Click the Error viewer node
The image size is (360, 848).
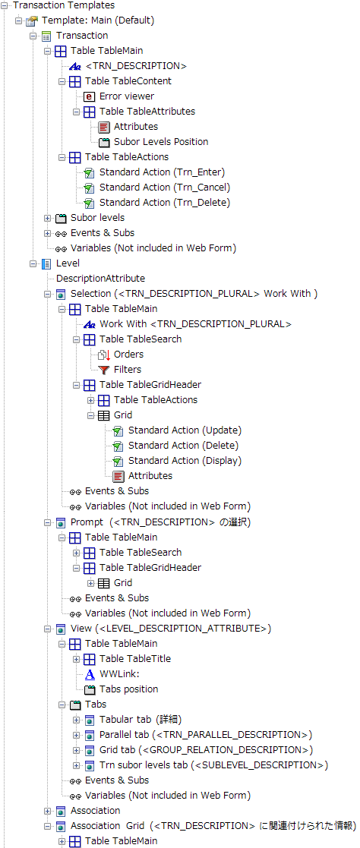click(x=127, y=96)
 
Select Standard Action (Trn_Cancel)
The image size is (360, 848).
click(x=165, y=187)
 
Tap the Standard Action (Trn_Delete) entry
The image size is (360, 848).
click(x=165, y=202)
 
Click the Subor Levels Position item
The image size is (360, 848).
click(x=161, y=142)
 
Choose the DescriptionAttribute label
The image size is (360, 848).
click(x=101, y=279)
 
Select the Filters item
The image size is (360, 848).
click(x=128, y=370)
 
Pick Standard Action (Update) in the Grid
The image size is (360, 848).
click(x=185, y=430)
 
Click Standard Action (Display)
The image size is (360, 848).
click(x=185, y=461)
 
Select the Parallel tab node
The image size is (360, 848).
click(x=207, y=735)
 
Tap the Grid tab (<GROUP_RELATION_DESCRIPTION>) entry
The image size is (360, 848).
click(x=207, y=750)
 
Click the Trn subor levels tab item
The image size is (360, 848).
click(x=214, y=765)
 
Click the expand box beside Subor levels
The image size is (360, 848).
click(x=48, y=218)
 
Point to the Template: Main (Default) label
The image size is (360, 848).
click(x=98, y=20)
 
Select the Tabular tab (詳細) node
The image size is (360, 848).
click(x=141, y=720)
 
